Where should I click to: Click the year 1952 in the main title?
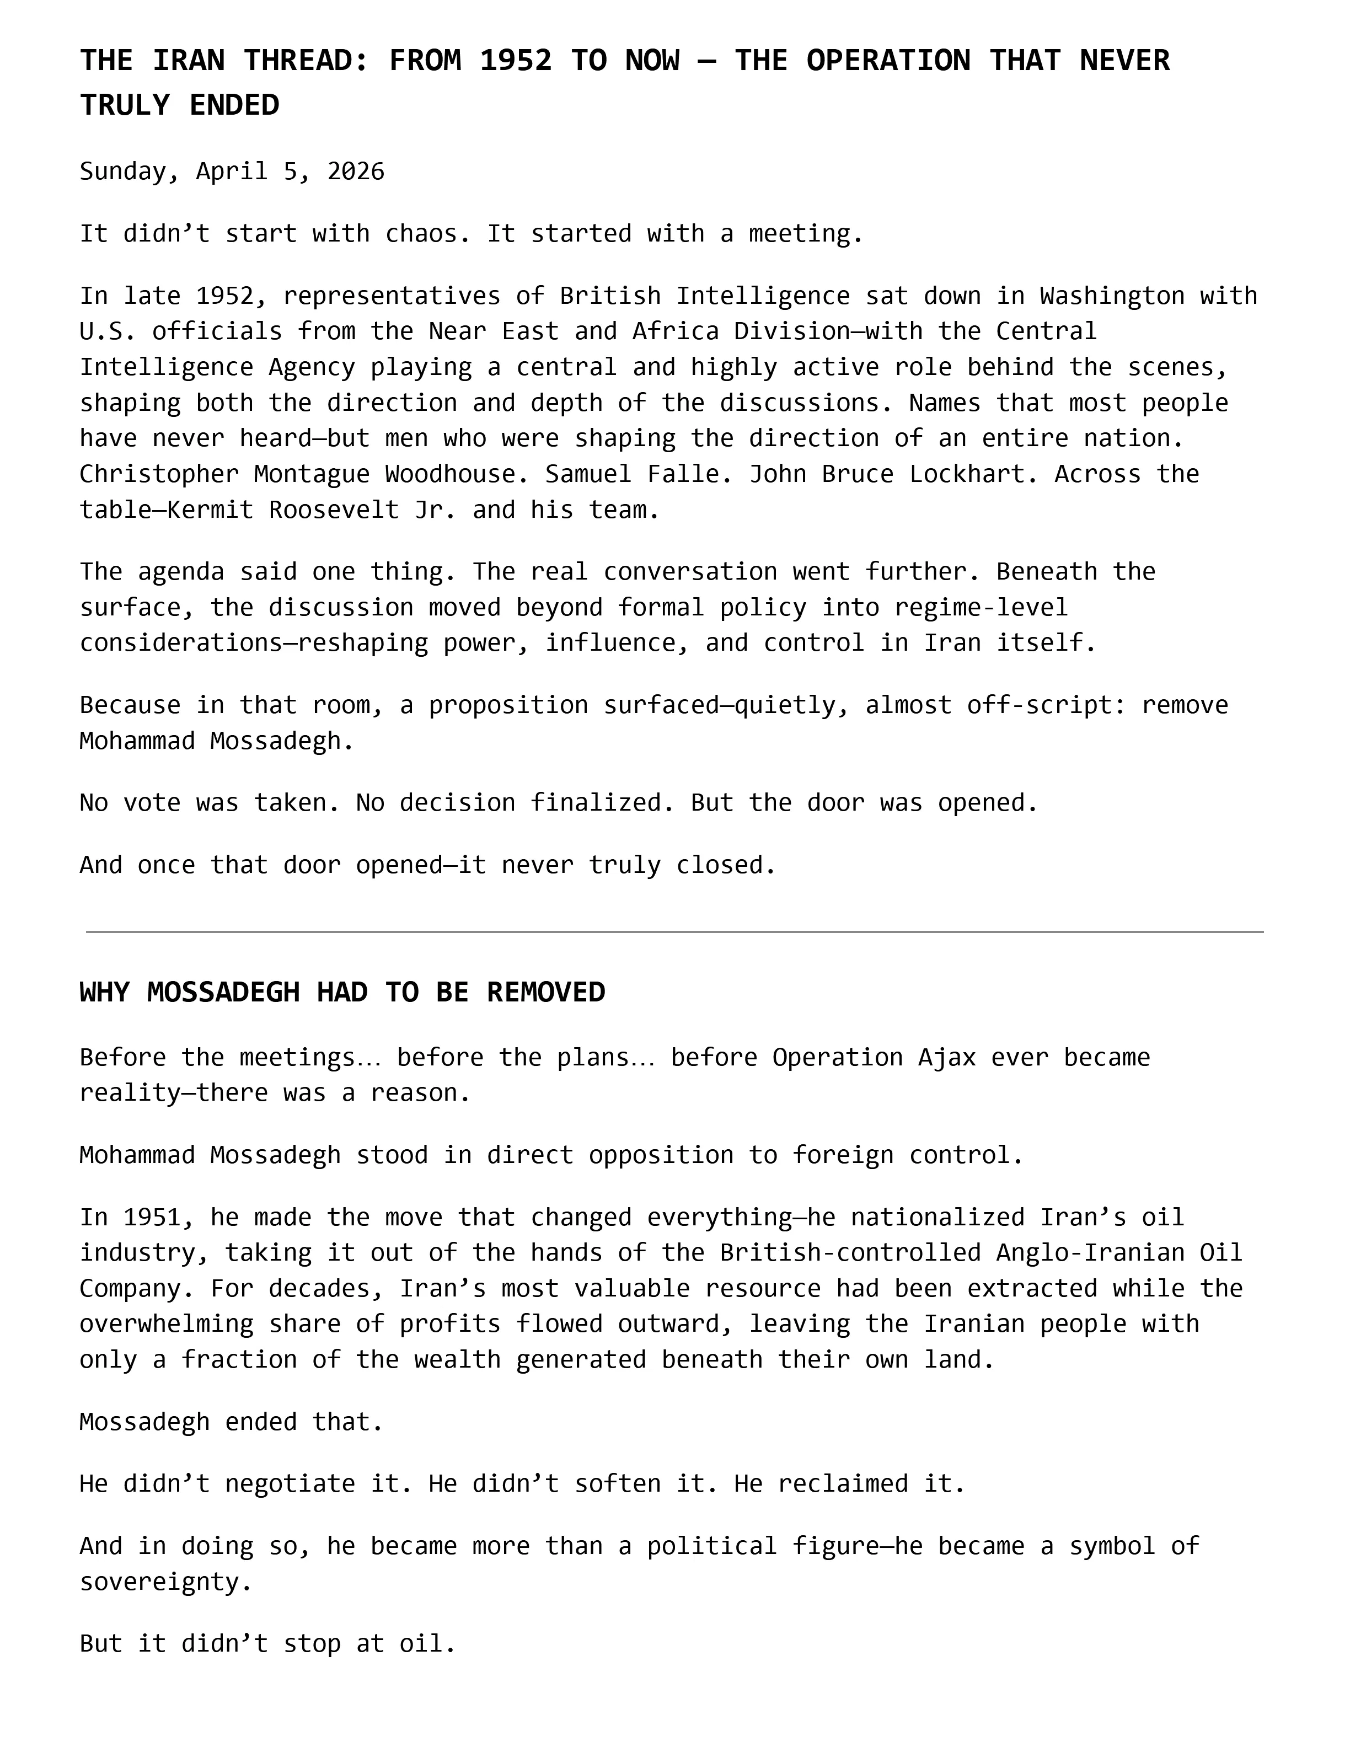click(516, 61)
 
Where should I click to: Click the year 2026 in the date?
click(356, 171)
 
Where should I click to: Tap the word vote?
click(152, 802)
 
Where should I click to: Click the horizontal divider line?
click(674, 932)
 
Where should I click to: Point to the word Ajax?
click(946, 1058)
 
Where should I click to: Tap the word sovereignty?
click(165, 1582)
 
